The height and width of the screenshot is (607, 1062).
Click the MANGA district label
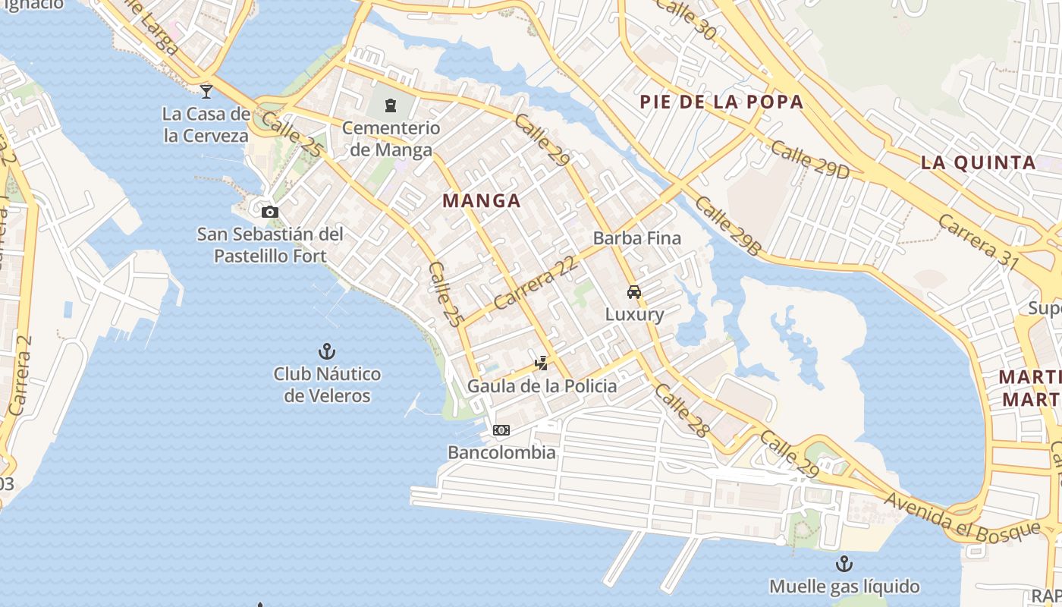[x=482, y=201]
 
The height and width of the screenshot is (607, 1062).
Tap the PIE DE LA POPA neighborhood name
[x=721, y=102]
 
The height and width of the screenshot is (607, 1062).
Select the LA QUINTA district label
[x=979, y=162]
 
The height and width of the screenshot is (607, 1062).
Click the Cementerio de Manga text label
[x=391, y=138]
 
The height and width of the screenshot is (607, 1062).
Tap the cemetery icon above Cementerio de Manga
[x=391, y=105]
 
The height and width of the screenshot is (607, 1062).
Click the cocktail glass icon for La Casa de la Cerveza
[x=206, y=92]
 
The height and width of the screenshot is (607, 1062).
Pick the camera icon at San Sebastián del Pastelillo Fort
[x=270, y=212]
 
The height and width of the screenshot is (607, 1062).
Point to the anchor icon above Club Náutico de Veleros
[x=327, y=351]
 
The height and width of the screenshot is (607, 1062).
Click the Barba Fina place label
[x=637, y=238]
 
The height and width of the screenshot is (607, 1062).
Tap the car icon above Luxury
[x=634, y=292]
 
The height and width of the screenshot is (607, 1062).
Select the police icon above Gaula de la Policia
[x=542, y=363]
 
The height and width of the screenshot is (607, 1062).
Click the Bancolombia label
[x=501, y=453]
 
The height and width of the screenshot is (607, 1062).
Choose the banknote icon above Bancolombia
[x=501, y=430]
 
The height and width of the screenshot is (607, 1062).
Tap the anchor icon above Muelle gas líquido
[x=844, y=564]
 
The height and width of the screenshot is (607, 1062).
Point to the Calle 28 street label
[x=682, y=410]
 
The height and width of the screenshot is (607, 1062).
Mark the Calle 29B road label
[x=727, y=225]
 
